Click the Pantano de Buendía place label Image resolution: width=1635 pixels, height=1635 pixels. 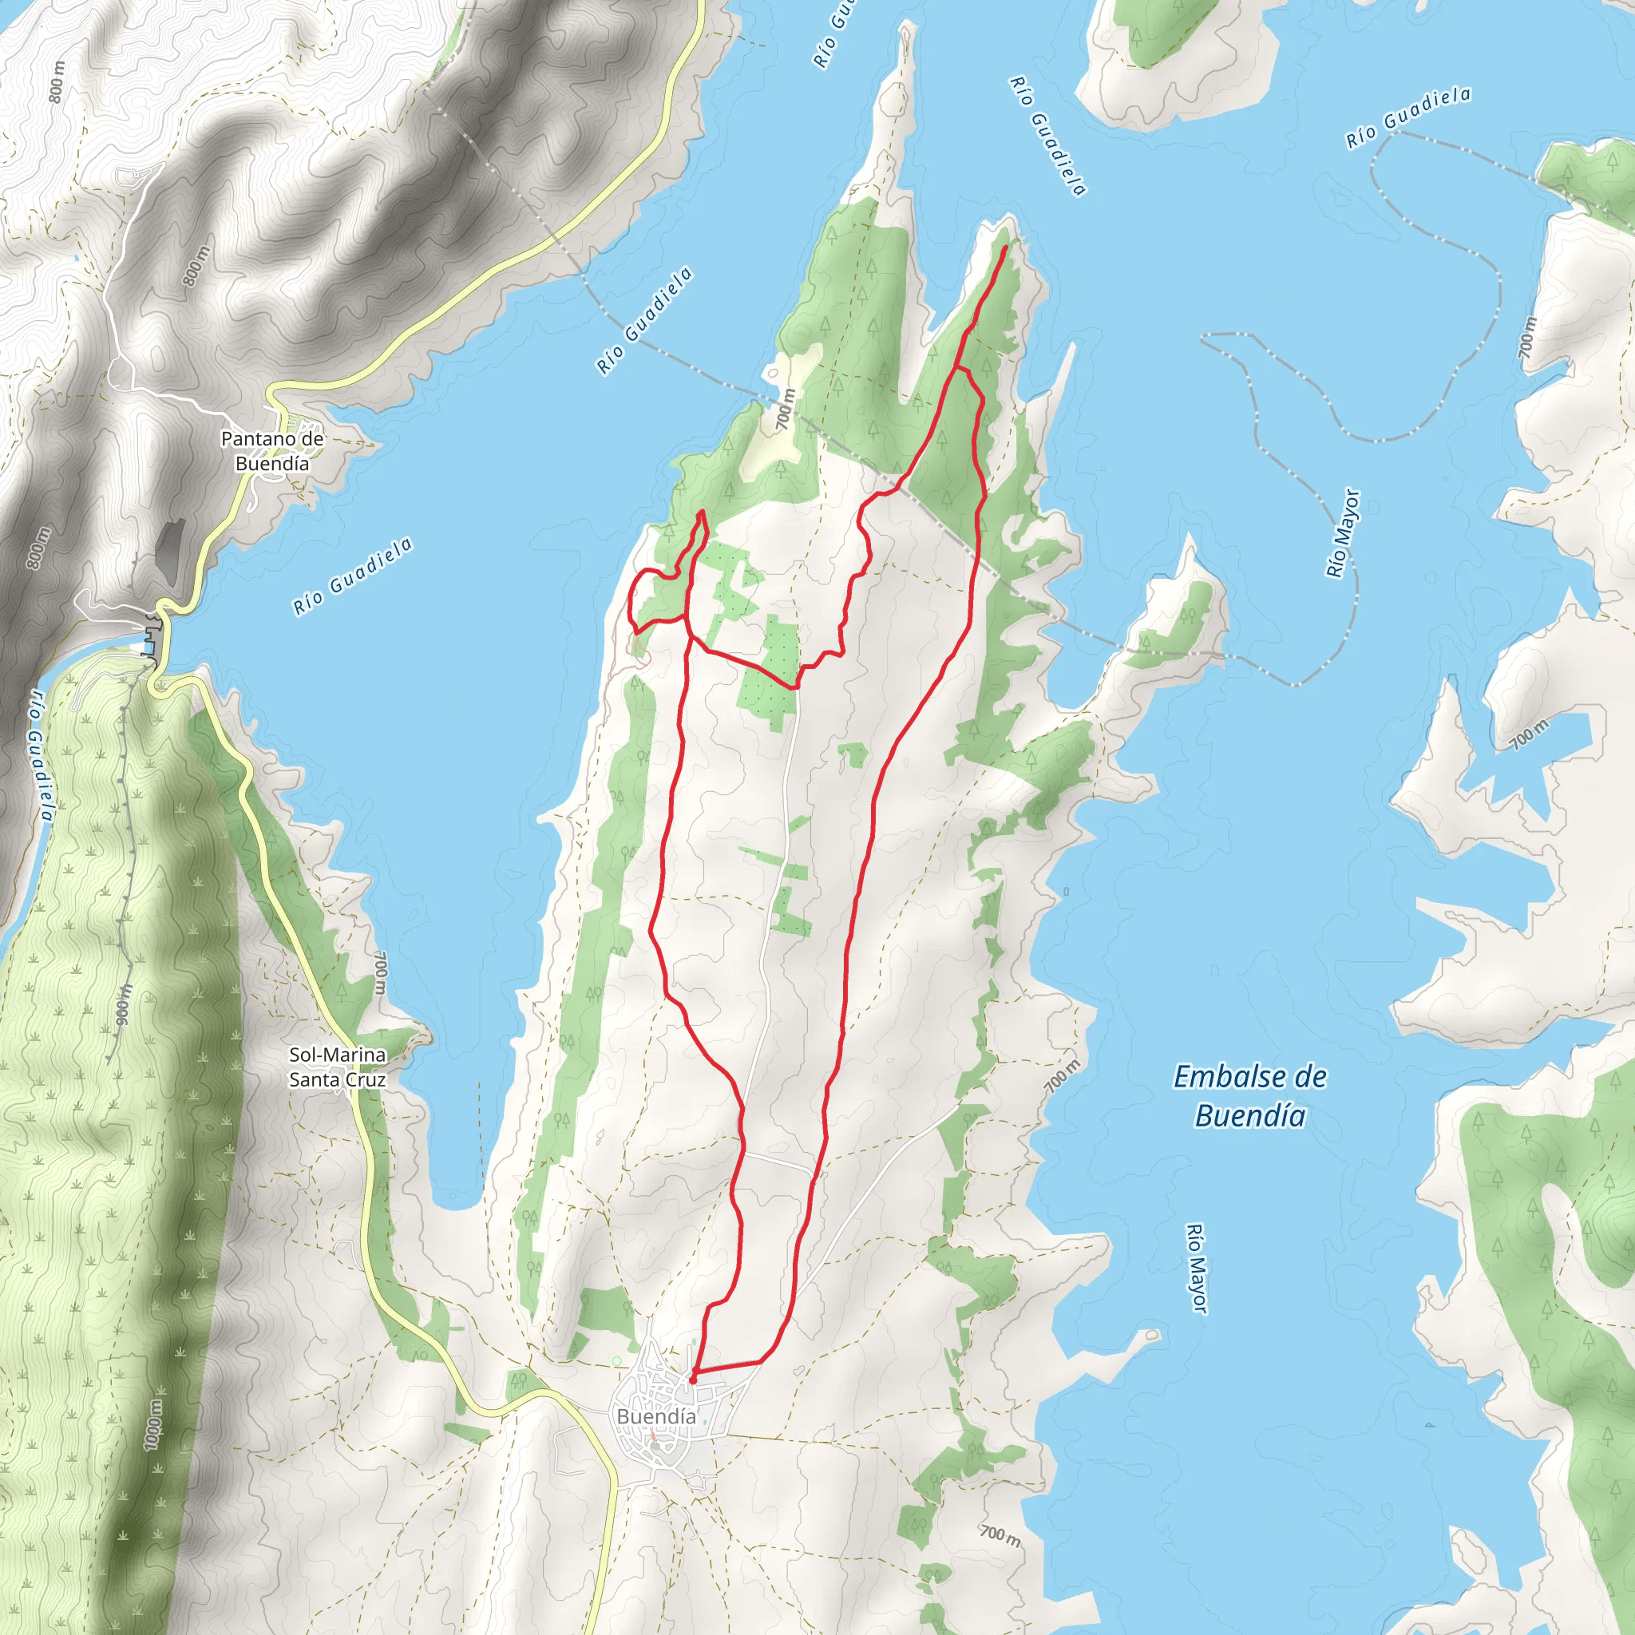pos(271,451)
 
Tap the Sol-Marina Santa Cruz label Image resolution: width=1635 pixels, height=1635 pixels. pos(338,1067)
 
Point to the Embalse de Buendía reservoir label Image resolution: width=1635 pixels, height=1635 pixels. pos(1251,1096)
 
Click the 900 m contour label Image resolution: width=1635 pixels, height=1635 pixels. pos(125,1004)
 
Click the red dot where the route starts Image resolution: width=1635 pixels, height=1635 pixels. pos(693,1380)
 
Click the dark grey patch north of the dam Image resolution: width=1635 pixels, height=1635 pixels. pos(169,541)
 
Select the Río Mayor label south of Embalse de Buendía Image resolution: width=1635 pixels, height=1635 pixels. pos(1196,1269)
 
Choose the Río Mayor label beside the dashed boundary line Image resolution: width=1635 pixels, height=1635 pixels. pos(1343,533)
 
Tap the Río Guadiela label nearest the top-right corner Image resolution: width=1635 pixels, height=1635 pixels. pos(1408,117)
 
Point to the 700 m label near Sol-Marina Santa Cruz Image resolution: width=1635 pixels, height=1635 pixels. pos(381,973)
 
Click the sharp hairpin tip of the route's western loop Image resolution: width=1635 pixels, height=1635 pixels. pos(701,512)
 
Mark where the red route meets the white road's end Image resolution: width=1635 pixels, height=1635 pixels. pos(794,688)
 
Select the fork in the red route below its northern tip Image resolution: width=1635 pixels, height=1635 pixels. pos(956,368)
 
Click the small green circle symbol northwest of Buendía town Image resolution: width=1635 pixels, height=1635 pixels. pos(617,1361)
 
